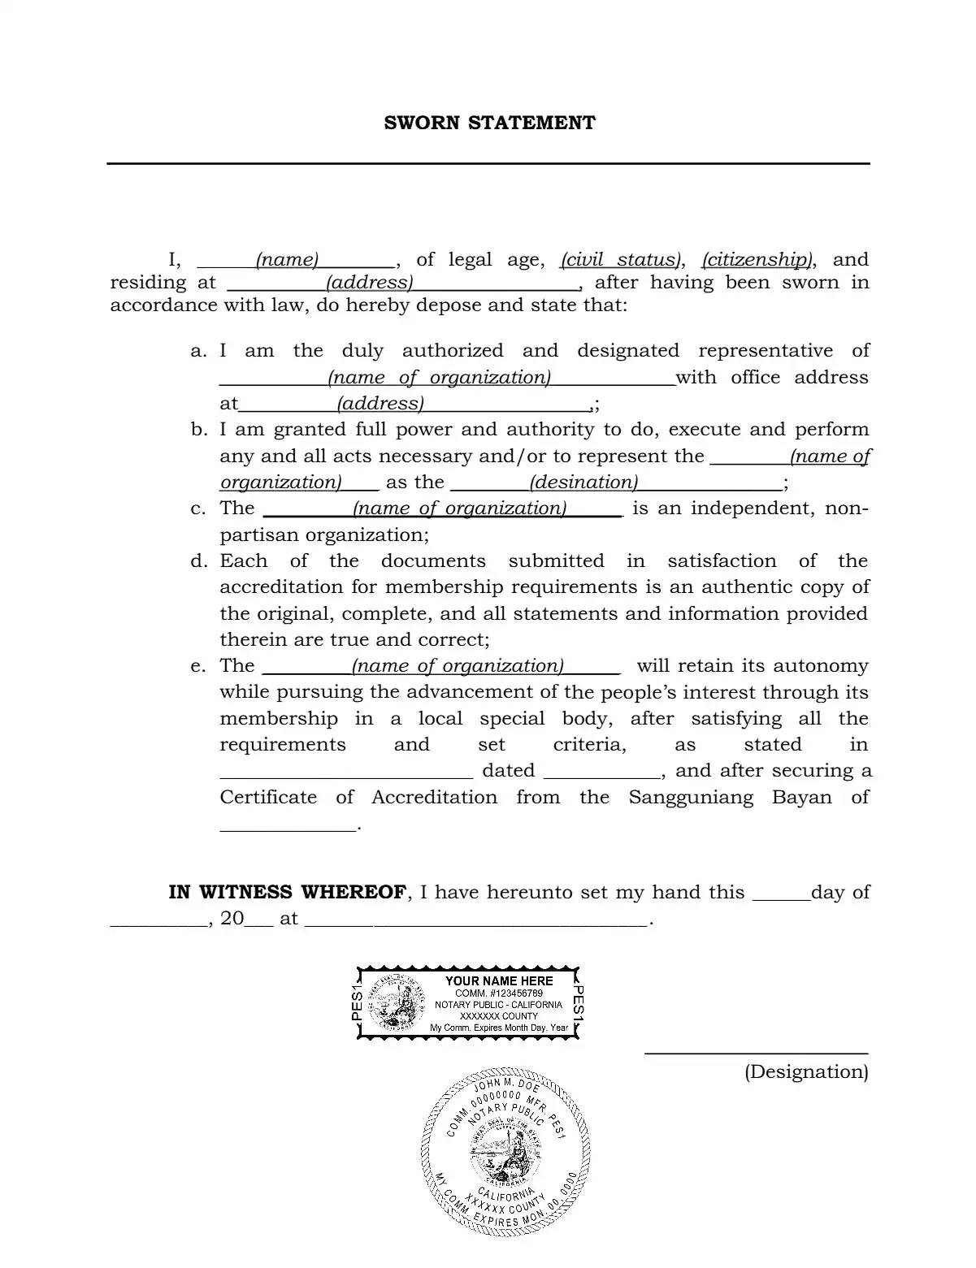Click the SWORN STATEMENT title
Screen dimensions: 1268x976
(x=489, y=123)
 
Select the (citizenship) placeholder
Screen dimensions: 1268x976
(x=757, y=260)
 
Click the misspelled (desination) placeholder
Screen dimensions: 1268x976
(x=583, y=483)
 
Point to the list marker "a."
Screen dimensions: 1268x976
(x=199, y=351)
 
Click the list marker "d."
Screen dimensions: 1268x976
(x=199, y=561)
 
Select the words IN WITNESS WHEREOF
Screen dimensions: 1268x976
(x=287, y=893)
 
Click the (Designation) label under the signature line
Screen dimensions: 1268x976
(x=806, y=1072)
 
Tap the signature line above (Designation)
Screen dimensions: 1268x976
(x=756, y=1054)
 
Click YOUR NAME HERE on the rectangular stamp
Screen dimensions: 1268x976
(x=499, y=981)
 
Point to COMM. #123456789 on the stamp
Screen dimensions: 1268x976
(x=499, y=993)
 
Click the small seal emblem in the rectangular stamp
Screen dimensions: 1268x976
(x=396, y=1002)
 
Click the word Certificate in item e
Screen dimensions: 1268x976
(x=268, y=798)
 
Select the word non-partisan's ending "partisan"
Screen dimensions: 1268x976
(x=259, y=535)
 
